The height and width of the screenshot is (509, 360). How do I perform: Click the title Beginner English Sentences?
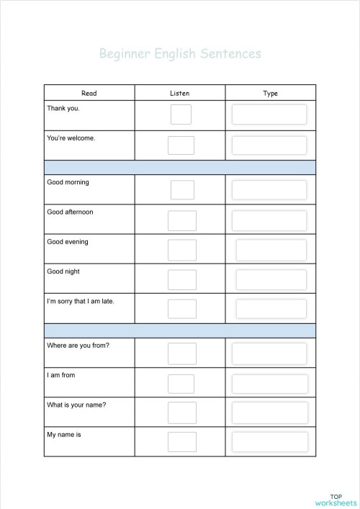(180, 53)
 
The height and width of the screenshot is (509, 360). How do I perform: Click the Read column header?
(89, 93)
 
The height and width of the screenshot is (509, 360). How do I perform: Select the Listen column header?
(180, 93)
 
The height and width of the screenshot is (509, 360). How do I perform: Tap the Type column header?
(271, 93)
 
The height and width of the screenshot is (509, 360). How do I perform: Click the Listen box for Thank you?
(181, 114)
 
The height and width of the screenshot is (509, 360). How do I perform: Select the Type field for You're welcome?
(269, 145)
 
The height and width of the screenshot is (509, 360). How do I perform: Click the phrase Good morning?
(68, 183)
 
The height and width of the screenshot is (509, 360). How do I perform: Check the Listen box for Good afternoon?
(181, 220)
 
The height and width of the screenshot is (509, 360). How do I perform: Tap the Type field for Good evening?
(271, 250)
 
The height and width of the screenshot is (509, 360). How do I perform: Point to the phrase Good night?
(63, 272)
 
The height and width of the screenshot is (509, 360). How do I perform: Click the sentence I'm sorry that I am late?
(80, 301)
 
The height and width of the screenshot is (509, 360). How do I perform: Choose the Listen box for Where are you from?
(181, 353)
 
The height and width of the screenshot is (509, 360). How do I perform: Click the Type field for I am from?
(269, 384)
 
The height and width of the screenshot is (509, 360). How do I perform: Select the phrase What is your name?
(76, 405)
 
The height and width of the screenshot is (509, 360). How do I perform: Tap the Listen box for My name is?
(181, 441)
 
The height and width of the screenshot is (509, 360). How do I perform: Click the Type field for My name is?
(269, 441)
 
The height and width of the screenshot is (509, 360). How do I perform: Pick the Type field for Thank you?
(269, 114)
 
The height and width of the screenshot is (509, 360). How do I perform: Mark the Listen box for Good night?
(181, 279)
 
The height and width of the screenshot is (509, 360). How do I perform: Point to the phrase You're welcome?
(71, 137)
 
